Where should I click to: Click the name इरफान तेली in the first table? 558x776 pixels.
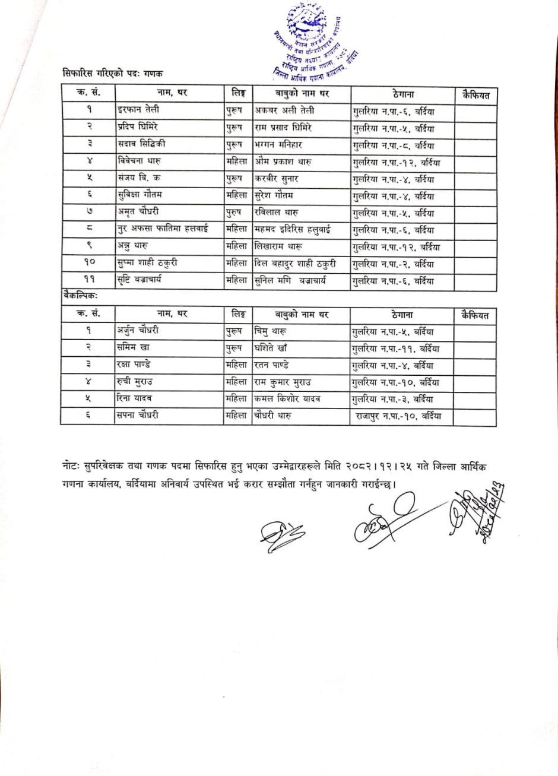(x=138, y=110)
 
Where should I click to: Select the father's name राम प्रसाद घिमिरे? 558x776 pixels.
(x=284, y=128)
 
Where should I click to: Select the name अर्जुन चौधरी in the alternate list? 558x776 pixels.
(x=138, y=331)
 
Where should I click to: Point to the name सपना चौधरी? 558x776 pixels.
(x=138, y=417)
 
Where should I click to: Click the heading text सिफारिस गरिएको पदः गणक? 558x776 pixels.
(x=113, y=73)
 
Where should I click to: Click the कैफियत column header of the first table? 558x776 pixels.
(x=475, y=94)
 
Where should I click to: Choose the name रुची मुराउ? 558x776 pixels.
(x=135, y=382)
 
